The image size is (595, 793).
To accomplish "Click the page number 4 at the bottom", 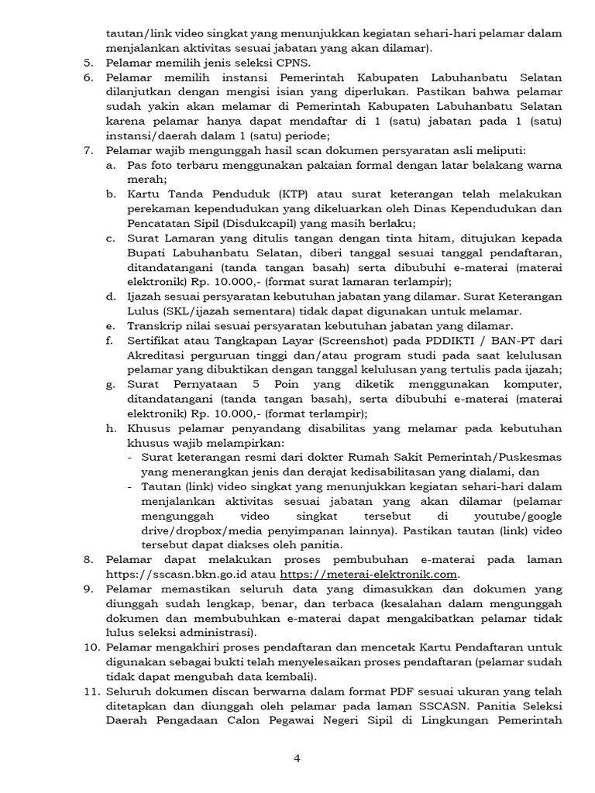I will pyautogui.click(x=297, y=758).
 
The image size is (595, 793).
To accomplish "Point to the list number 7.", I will pyautogui.click(x=88, y=149).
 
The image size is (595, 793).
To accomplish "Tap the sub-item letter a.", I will pyautogui.click(x=112, y=165).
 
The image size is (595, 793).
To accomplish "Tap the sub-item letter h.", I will pyautogui.click(x=112, y=428).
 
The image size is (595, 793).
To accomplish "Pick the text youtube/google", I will pyautogui.click(x=512, y=515).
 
